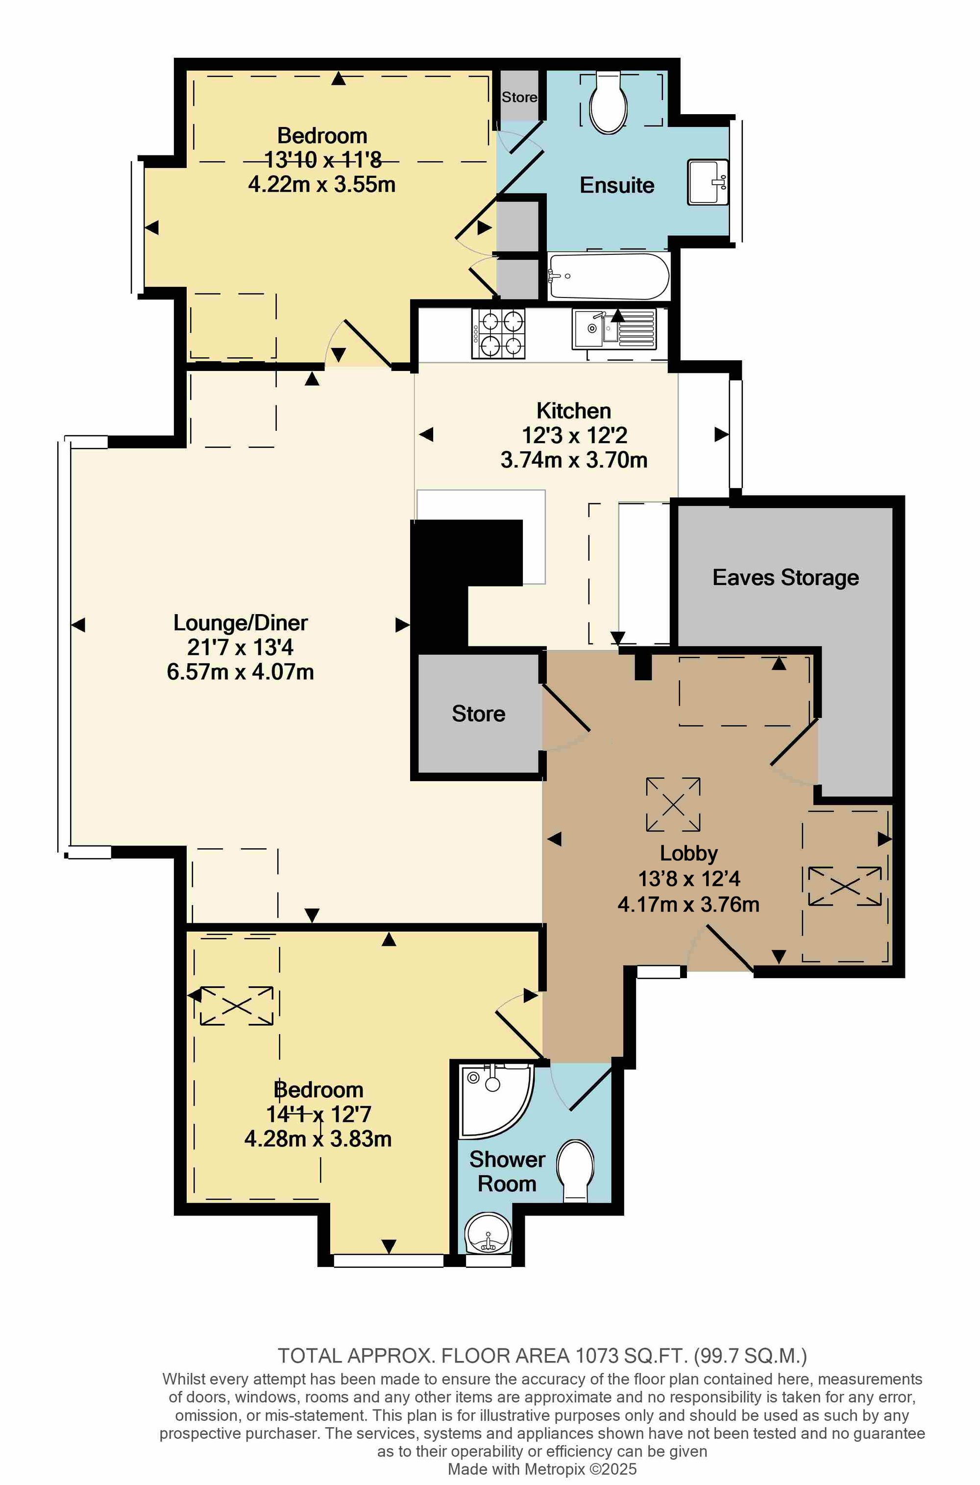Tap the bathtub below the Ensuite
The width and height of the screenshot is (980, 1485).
pyautogui.click(x=608, y=276)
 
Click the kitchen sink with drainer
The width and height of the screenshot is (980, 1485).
pyautogui.click(x=614, y=329)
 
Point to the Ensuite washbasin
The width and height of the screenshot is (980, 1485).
pyautogui.click(x=708, y=182)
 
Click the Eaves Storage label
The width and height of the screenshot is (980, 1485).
pyautogui.click(x=785, y=577)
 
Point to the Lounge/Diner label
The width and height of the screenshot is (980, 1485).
pyautogui.click(x=241, y=622)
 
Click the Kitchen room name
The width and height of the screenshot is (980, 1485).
pyautogui.click(x=574, y=411)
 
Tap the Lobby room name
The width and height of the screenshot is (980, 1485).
pyautogui.click(x=689, y=853)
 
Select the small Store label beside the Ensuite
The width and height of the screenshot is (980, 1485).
pyautogui.click(x=519, y=97)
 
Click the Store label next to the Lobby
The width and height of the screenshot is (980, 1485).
pyautogui.click(x=478, y=714)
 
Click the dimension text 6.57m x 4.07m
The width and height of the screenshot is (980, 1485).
pyautogui.click(x=241, y=672)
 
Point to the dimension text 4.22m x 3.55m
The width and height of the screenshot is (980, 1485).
pyautogui.click(x=322, y=184)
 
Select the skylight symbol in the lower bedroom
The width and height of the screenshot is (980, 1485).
pyautogui.click(x=236, y=1006)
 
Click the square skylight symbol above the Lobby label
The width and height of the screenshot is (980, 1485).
pyautogui.click(x=673, y=804)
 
